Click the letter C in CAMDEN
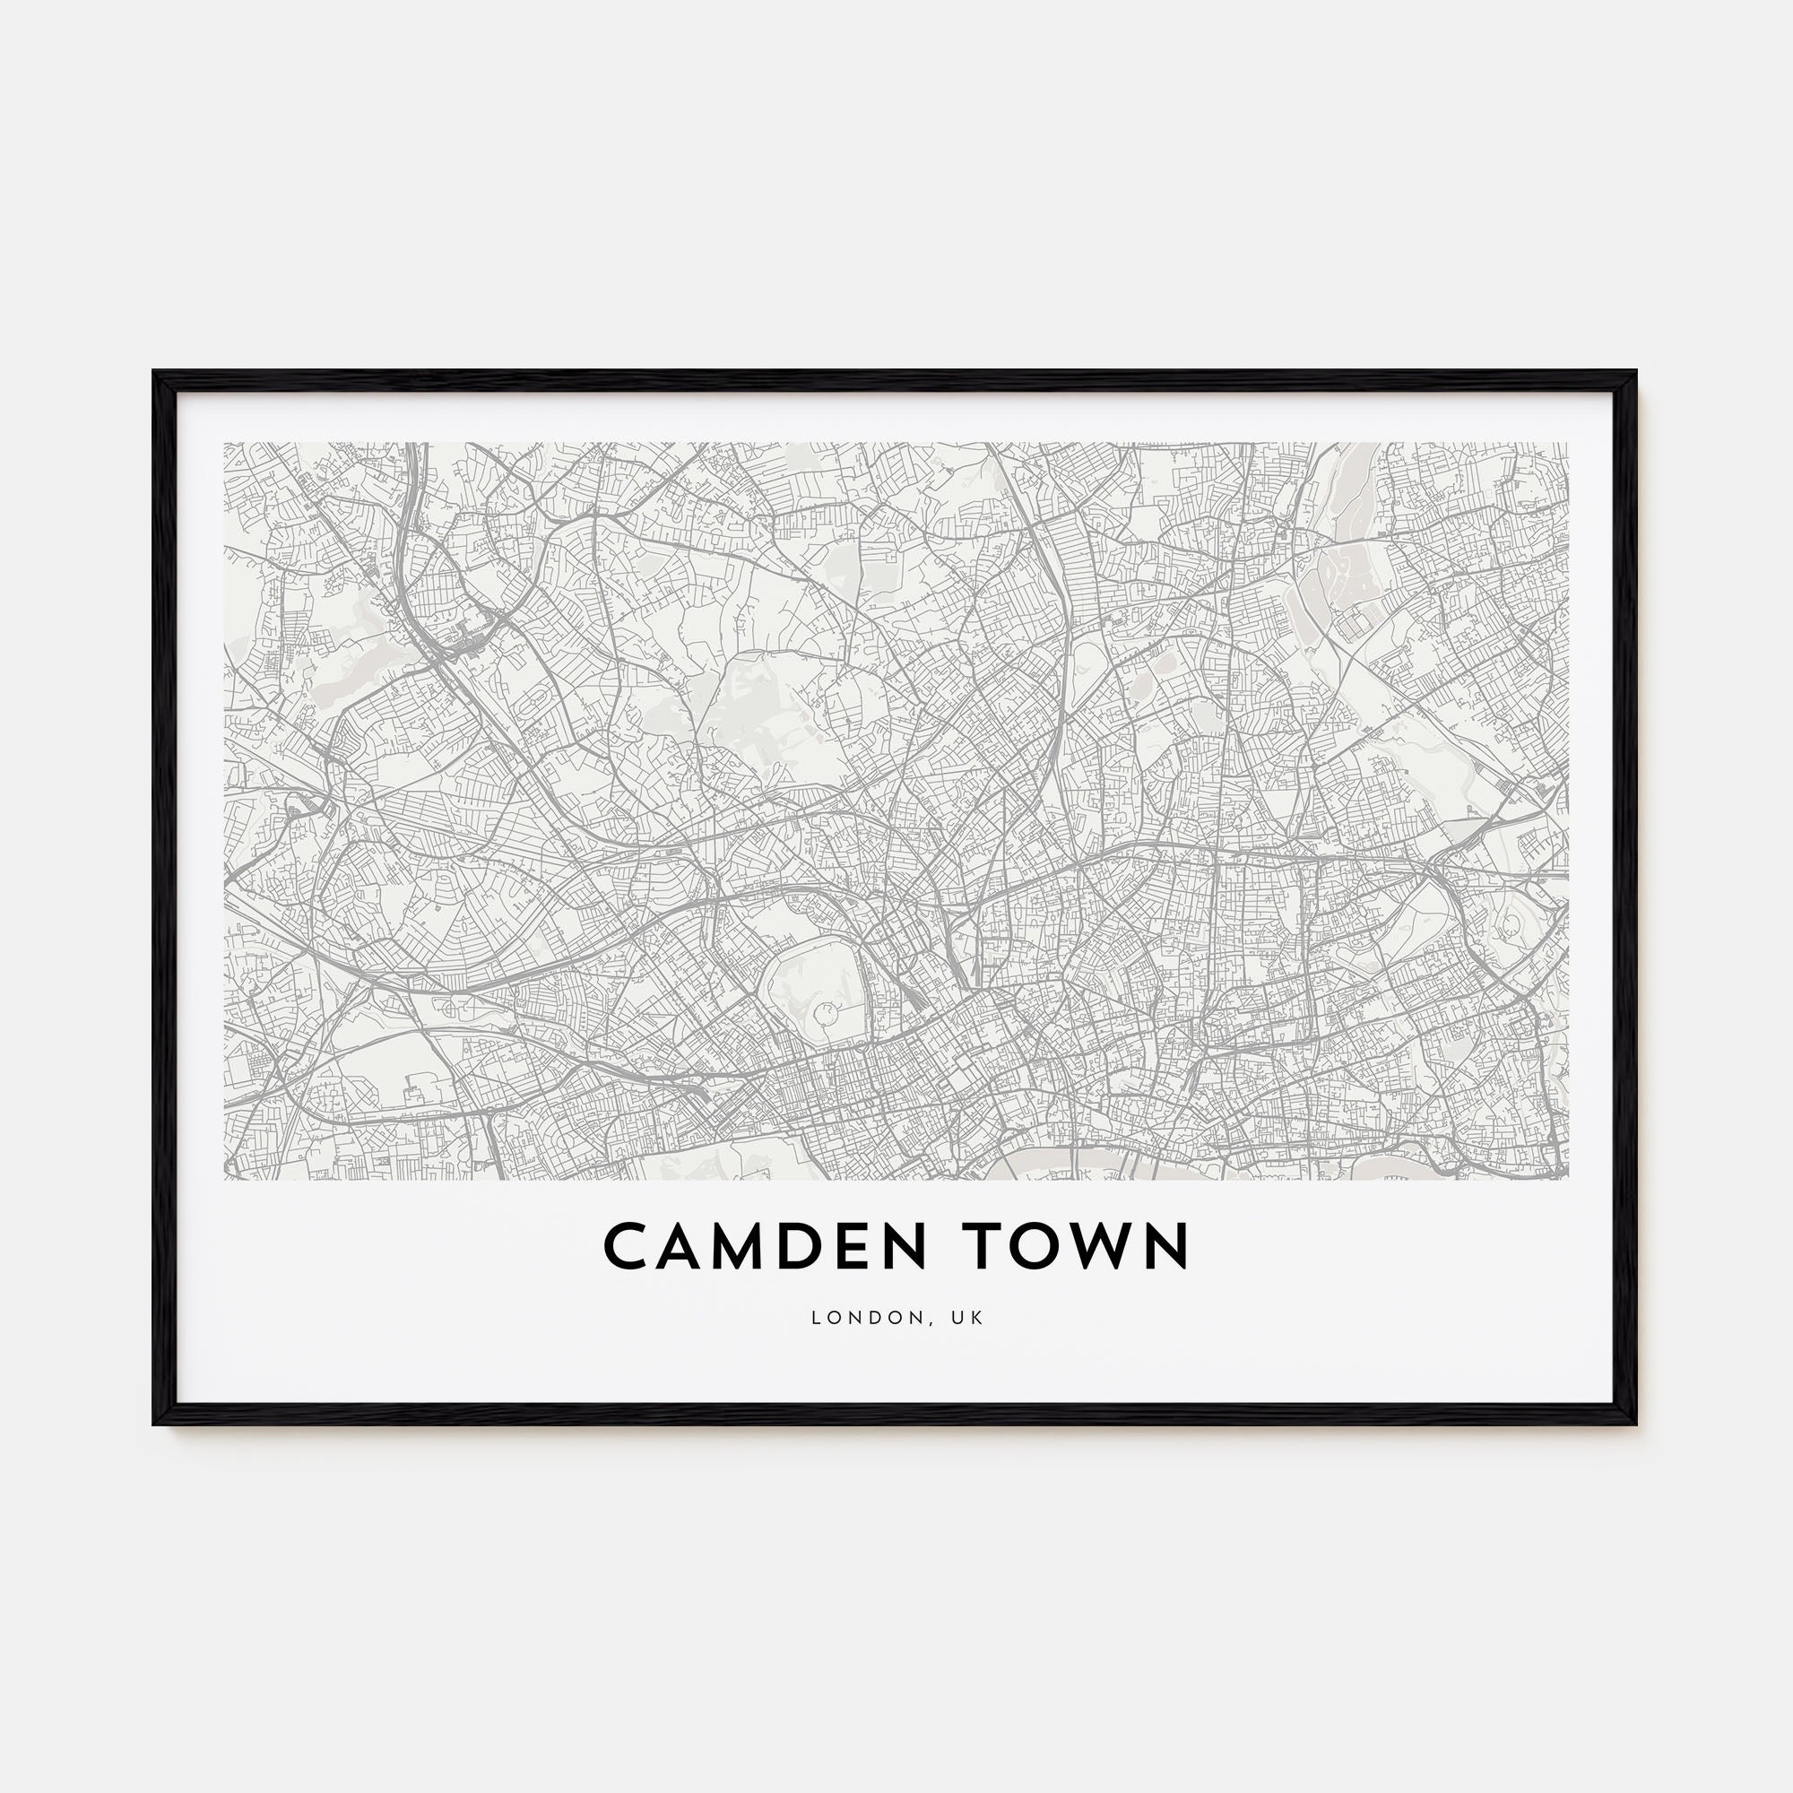click(x=628, y=1246)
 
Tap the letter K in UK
click(x=978, y=1318)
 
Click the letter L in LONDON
click(x=816, y=1318)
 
